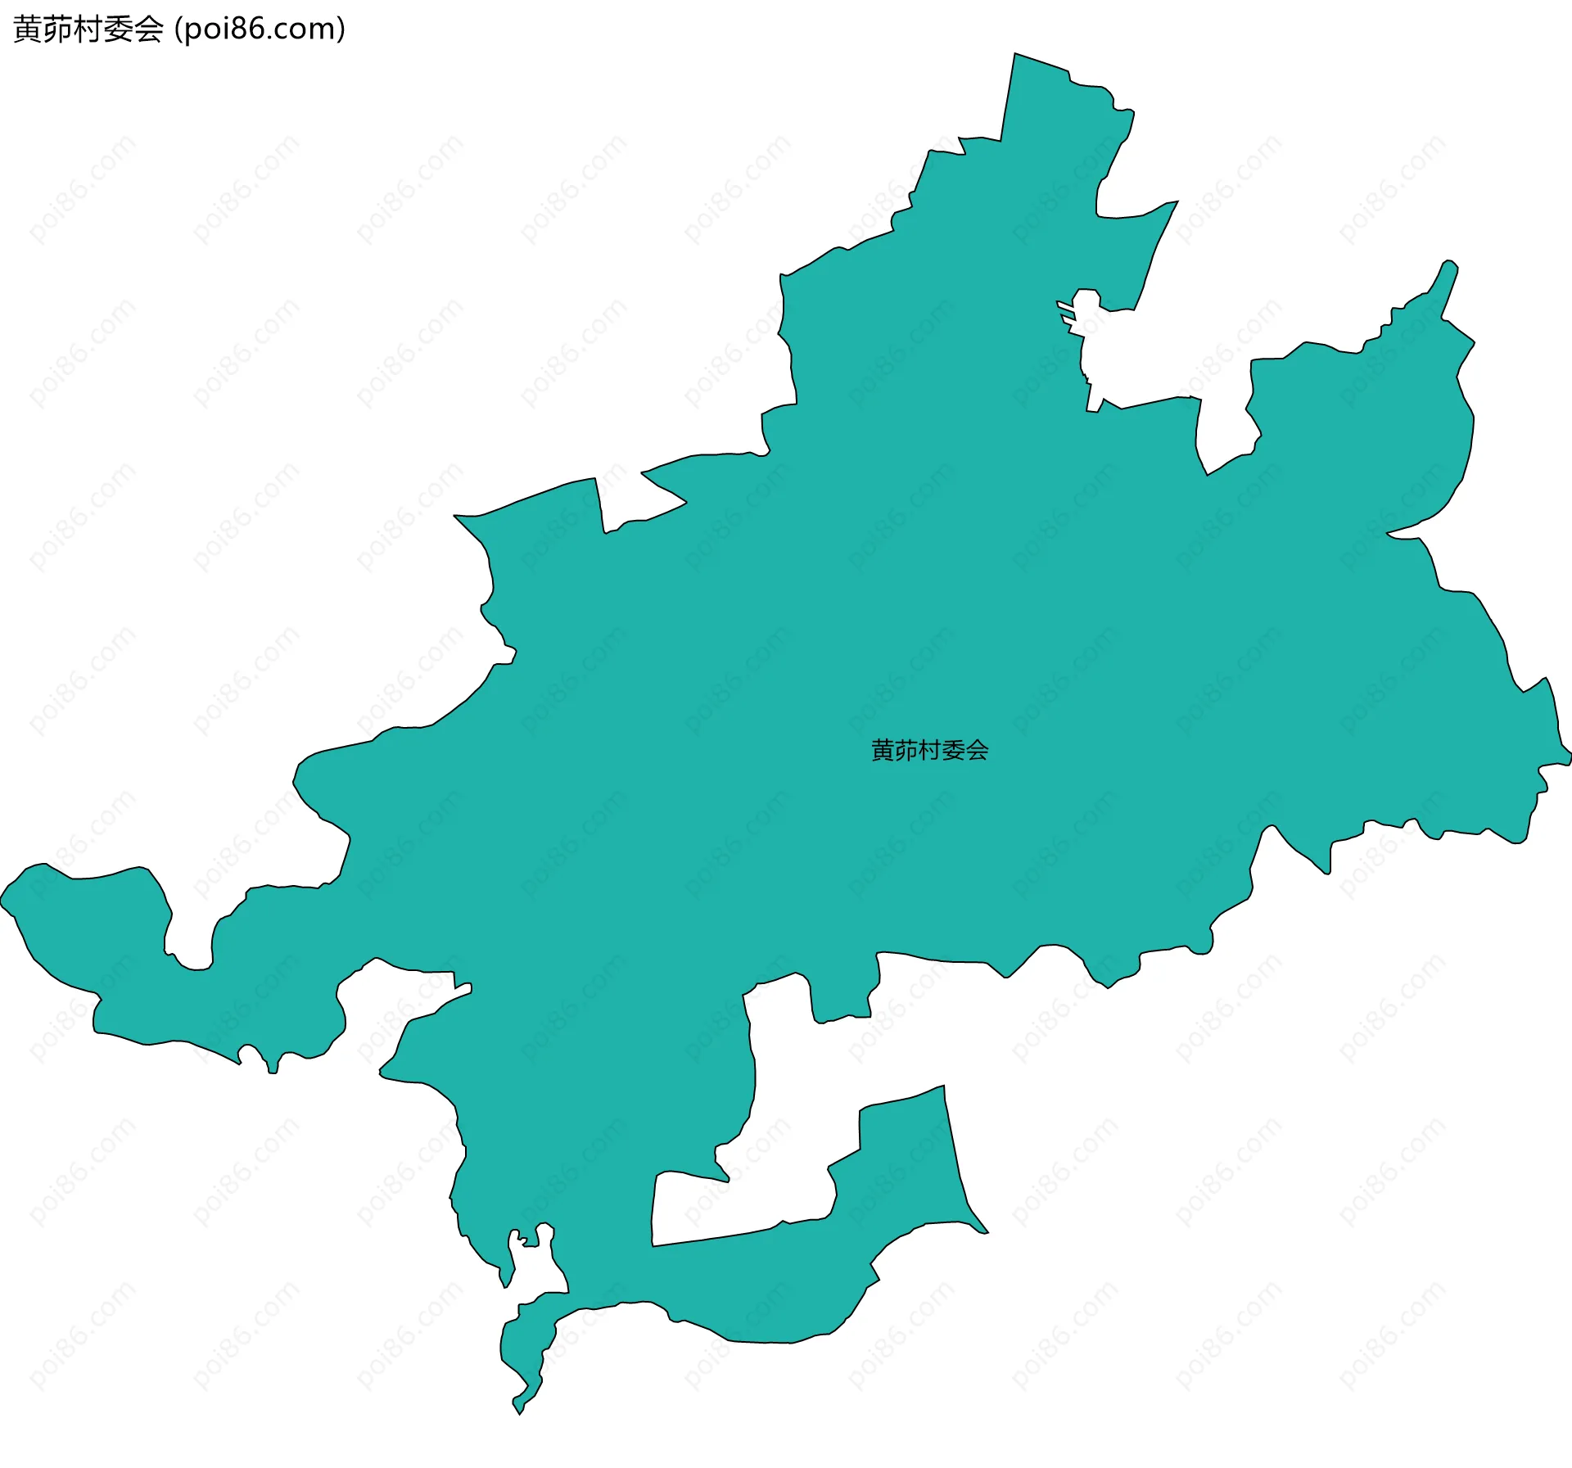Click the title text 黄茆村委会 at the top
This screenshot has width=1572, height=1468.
[x=88, y=29]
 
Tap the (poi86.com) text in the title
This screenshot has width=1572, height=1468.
[x=260, y=29]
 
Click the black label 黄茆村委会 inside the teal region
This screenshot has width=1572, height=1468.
[x=929, y=750]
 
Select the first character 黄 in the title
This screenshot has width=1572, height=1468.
[x=28, y=29]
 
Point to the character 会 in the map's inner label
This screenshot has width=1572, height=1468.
[x=978, y=750]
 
